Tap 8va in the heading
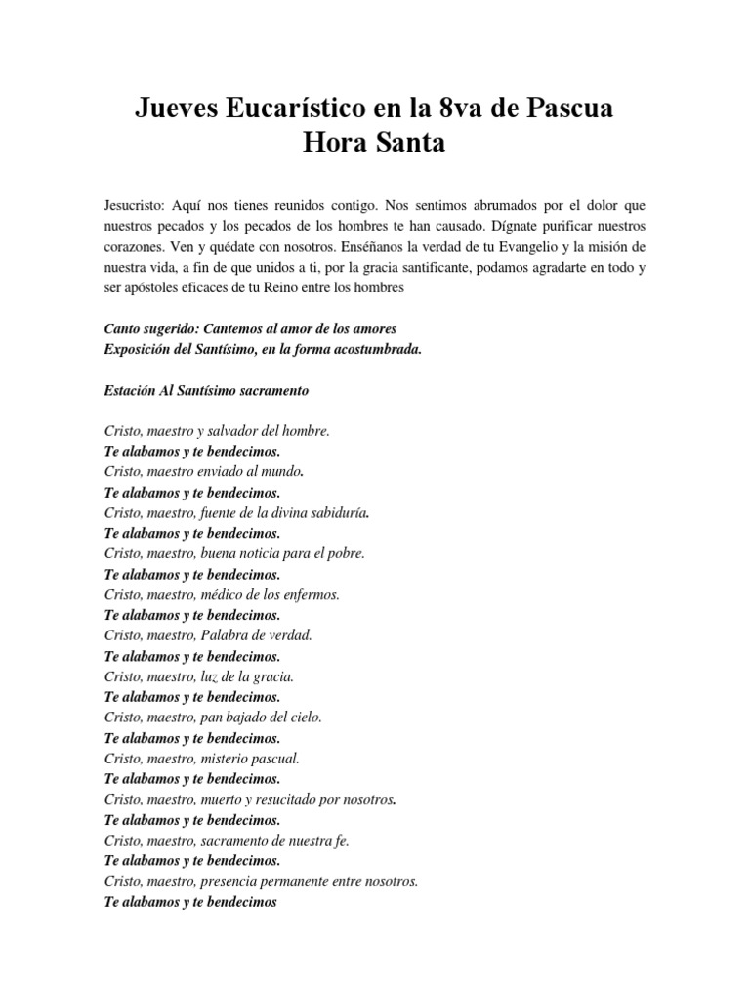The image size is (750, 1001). click(462, 109)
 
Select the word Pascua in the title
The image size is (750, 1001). click(568, 109)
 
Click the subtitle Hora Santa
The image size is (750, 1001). click(375, 143)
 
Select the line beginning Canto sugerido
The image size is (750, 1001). click(250, 330)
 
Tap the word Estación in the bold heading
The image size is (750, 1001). click(130, 391)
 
